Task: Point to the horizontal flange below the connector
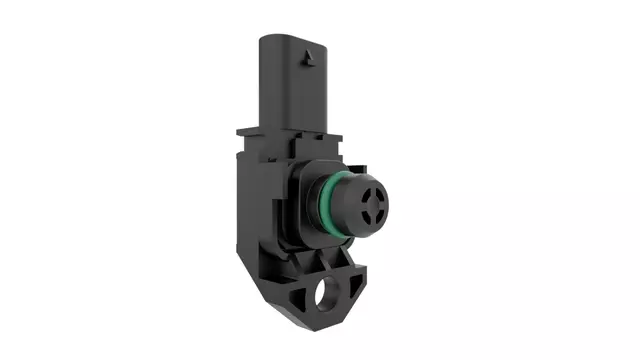290,130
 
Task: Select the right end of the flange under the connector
340,130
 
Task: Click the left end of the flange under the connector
240,130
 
